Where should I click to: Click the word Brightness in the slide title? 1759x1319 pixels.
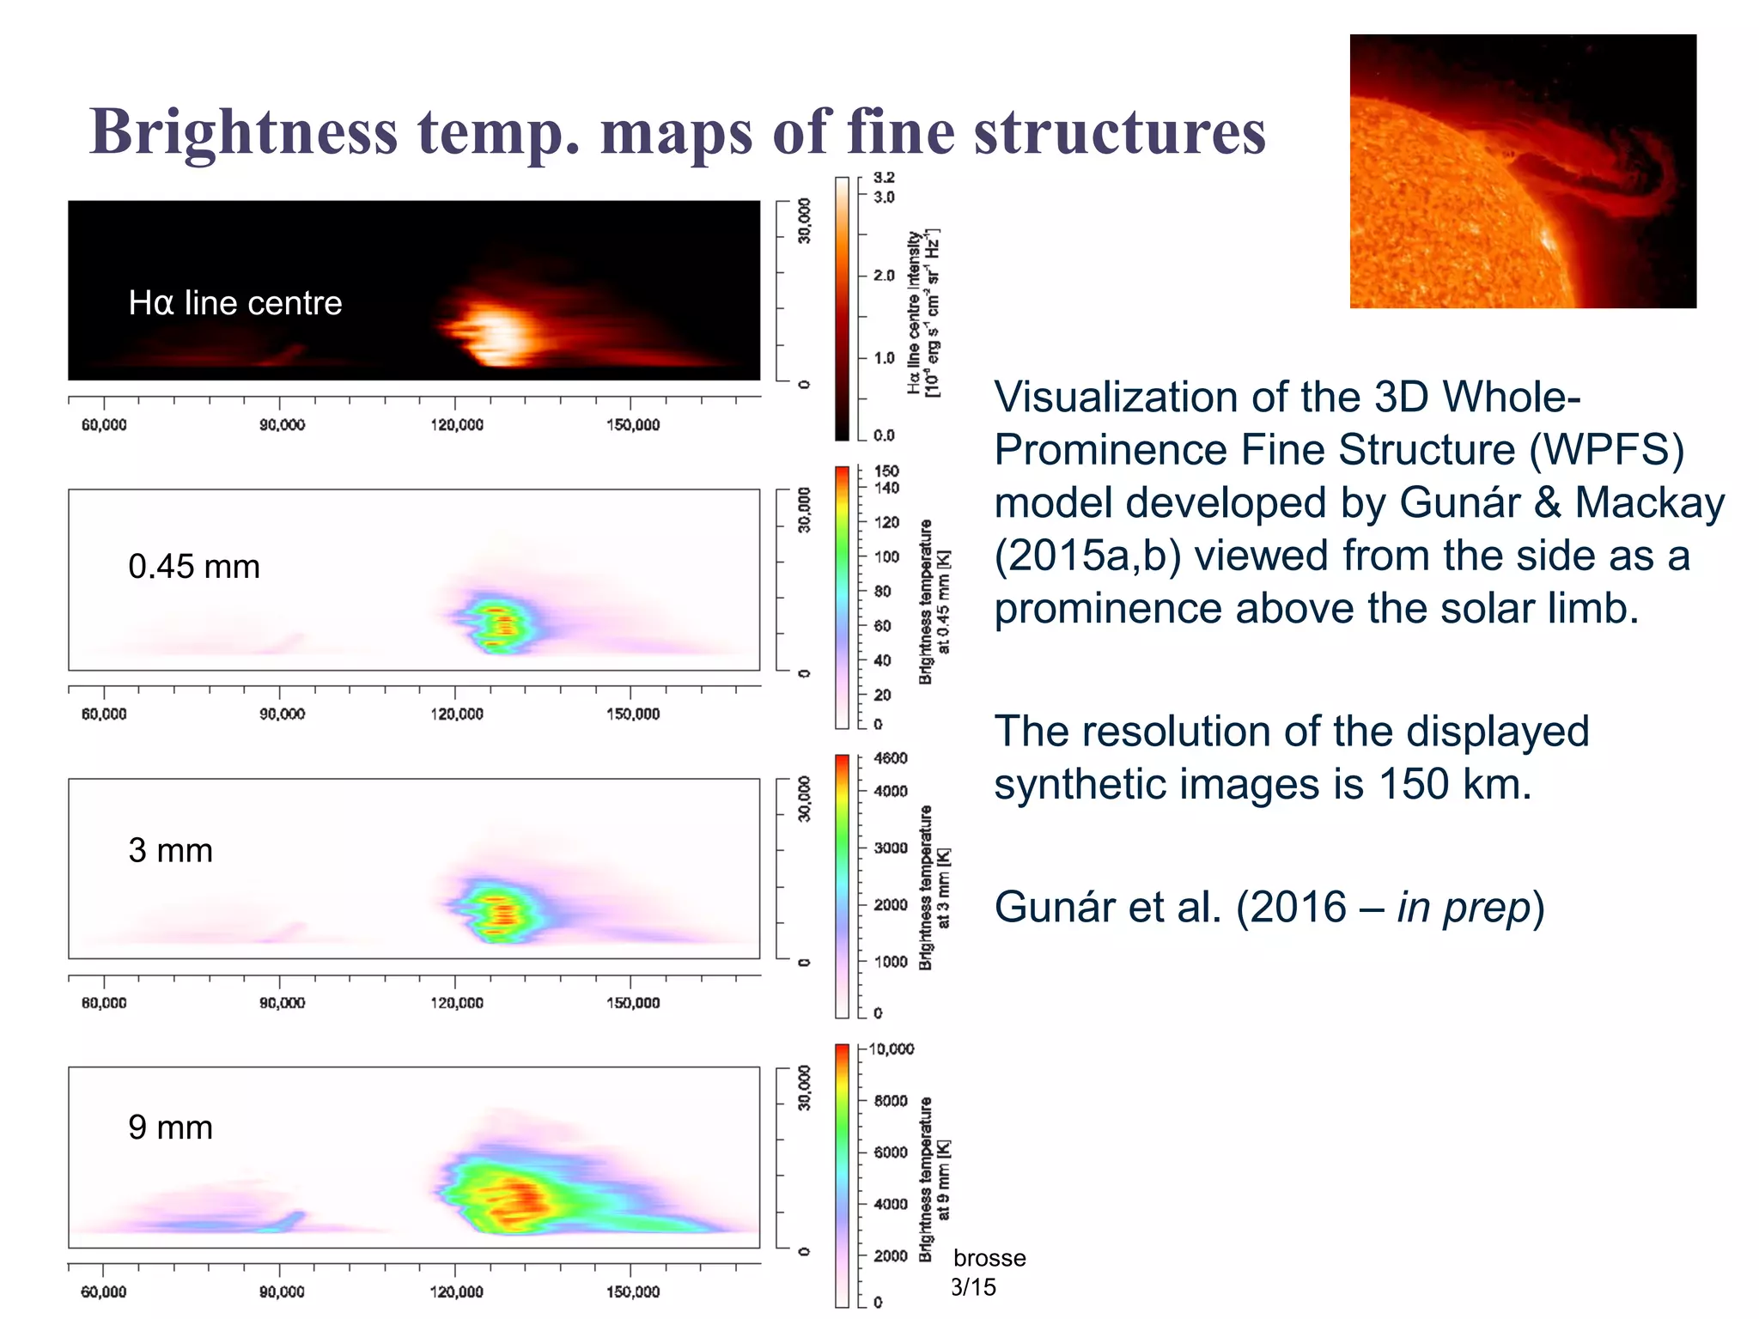244,133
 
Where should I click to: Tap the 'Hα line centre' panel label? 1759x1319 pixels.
234,303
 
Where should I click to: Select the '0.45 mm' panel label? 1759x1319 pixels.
194,567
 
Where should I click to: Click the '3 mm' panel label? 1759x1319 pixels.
170,850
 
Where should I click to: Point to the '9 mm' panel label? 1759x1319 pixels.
170,1127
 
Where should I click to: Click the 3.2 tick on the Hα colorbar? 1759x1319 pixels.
884,178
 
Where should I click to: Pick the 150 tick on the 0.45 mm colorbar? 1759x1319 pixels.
886,471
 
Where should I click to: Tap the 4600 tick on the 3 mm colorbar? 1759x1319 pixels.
890,758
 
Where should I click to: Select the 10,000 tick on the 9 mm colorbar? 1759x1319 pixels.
892,1049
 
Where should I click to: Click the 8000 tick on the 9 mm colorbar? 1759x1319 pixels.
890,1101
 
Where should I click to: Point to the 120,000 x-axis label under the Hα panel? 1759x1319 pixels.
456,425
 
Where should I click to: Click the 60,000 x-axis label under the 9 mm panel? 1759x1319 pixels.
103,1292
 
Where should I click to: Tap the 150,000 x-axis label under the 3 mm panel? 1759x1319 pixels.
633,1003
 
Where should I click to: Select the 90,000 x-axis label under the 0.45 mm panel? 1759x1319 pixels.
282,714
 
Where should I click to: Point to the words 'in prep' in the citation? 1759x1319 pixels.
1464,908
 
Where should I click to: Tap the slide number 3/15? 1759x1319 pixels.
973,1287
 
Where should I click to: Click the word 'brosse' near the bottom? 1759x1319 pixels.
989,1258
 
